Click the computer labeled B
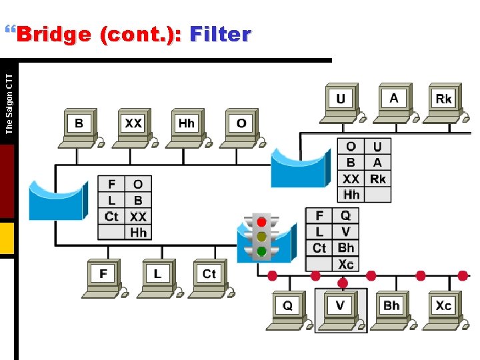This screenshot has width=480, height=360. click(x=79, y=125)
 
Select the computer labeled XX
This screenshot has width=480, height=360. click(x=133, y=125)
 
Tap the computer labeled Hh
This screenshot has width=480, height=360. click(x=187, y=125)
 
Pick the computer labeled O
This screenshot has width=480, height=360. click(x=241, y=125)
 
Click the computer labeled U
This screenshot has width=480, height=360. click(x=341, y=100)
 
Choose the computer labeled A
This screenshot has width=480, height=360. click(x=394, y=100)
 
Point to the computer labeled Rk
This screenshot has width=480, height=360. click(x=443, y=100)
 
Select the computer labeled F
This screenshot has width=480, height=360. click(x=103, y=275)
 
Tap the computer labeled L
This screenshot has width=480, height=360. click(x=157, y=275)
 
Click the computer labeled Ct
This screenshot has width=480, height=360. click(x=209, y=275)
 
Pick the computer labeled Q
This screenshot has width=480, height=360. click(x=287, y=307)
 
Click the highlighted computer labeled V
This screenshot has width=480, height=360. click(x=341, y=307)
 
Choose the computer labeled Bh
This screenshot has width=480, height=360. click(x=391, y=307)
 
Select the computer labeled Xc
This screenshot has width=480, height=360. click(x=443, y=307)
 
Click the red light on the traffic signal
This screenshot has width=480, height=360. click(x=262, y=222)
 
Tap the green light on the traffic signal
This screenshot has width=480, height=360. click(x=262, y=251)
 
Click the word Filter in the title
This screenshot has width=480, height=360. click(x=220, y=34)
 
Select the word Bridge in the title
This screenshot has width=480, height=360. click(x=53, y=34)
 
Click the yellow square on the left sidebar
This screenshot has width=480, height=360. click(x=7, y=238)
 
